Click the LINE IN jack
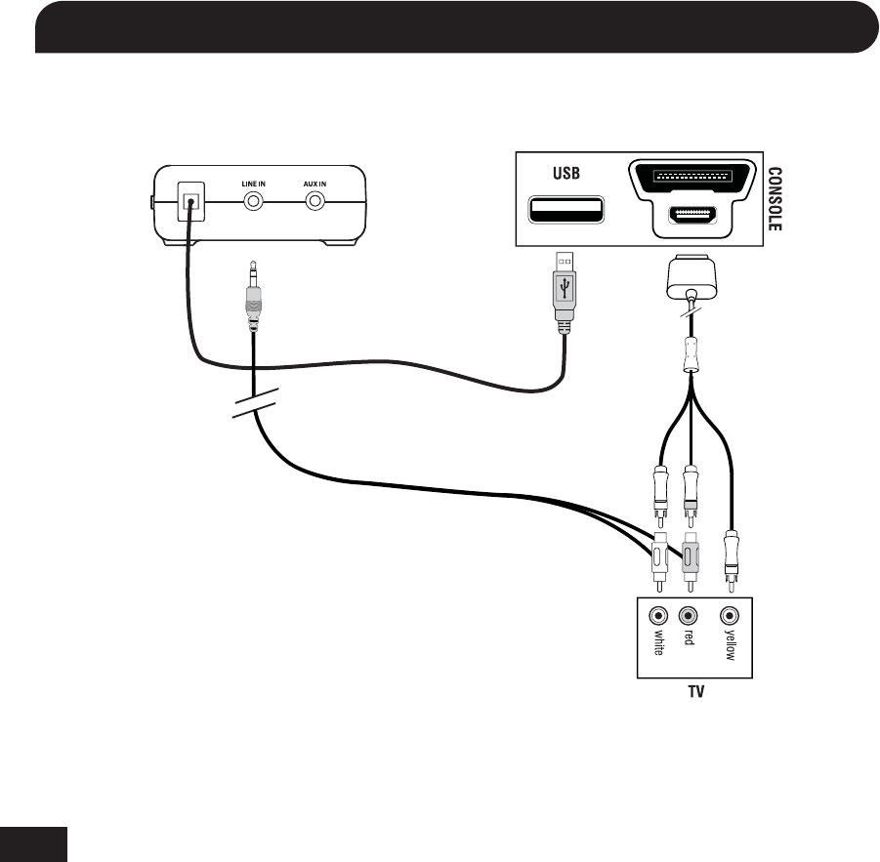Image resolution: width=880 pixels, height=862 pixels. [254, 202]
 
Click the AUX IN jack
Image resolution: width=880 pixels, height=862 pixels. [315, 202]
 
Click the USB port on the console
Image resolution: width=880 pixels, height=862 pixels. [566, 210]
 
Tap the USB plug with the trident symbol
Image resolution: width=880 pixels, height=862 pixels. [566, 289]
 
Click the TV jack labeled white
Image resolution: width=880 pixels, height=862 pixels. [658, 616]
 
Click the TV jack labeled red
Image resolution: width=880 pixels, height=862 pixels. [689, 616]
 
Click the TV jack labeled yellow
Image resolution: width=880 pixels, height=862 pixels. [729, 616]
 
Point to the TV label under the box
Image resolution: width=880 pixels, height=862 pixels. [694, 691]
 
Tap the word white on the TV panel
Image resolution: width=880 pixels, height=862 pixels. [658, 645]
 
